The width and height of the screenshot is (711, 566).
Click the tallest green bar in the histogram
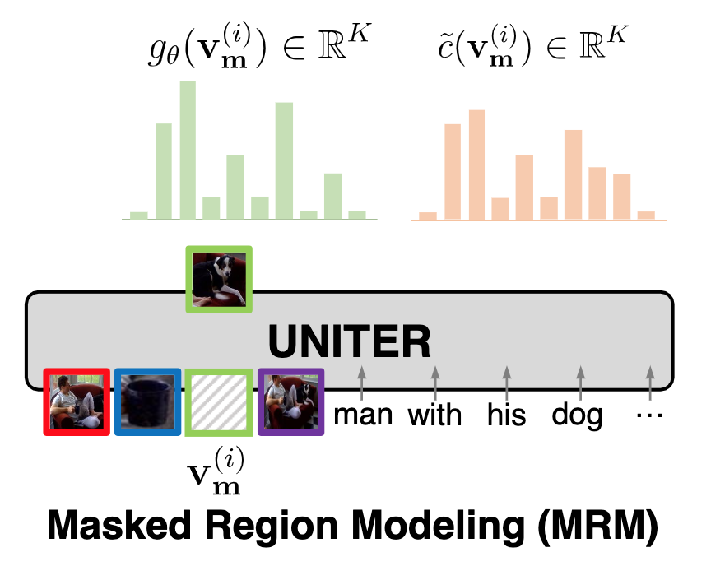point(188,150)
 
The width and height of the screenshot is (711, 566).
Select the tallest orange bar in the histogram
point(476,165)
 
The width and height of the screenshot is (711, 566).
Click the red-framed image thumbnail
point(76,401)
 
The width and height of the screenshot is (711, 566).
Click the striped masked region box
point(219,401)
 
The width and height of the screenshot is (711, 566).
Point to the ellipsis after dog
point(649,414)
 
